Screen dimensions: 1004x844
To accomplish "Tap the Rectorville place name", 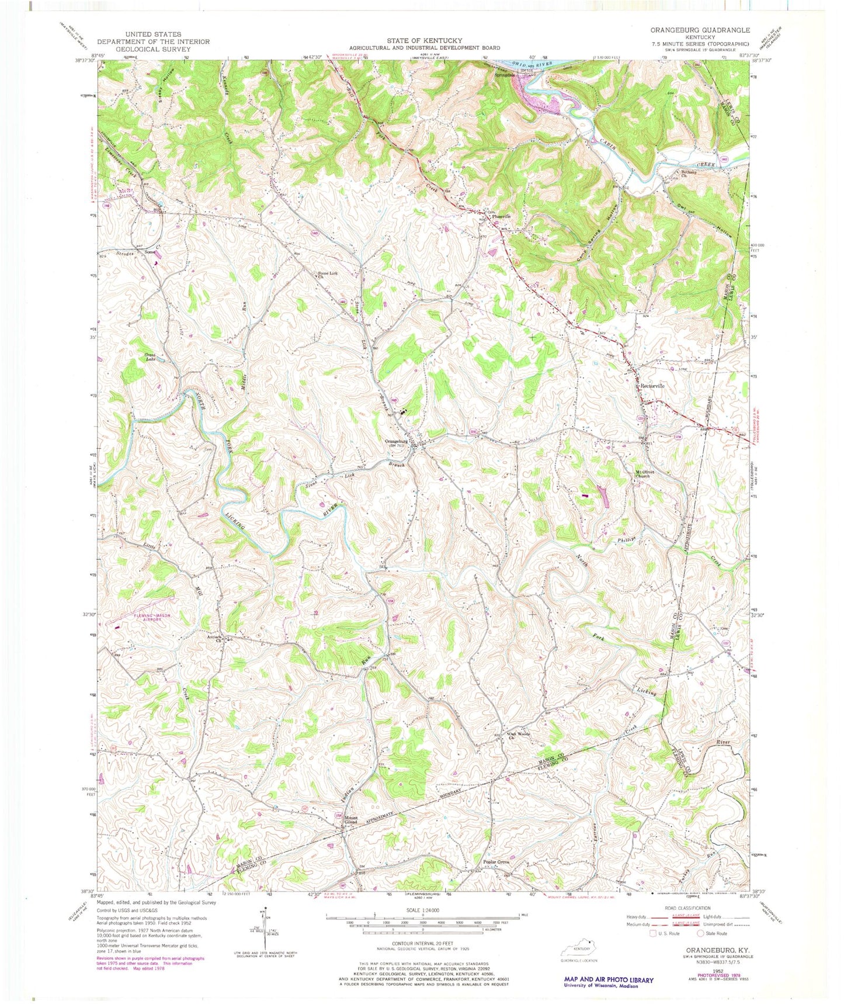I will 652,386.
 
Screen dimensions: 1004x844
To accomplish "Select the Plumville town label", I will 501,216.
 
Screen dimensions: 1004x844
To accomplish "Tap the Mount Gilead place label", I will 350,820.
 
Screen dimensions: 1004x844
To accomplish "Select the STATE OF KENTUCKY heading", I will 424,40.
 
